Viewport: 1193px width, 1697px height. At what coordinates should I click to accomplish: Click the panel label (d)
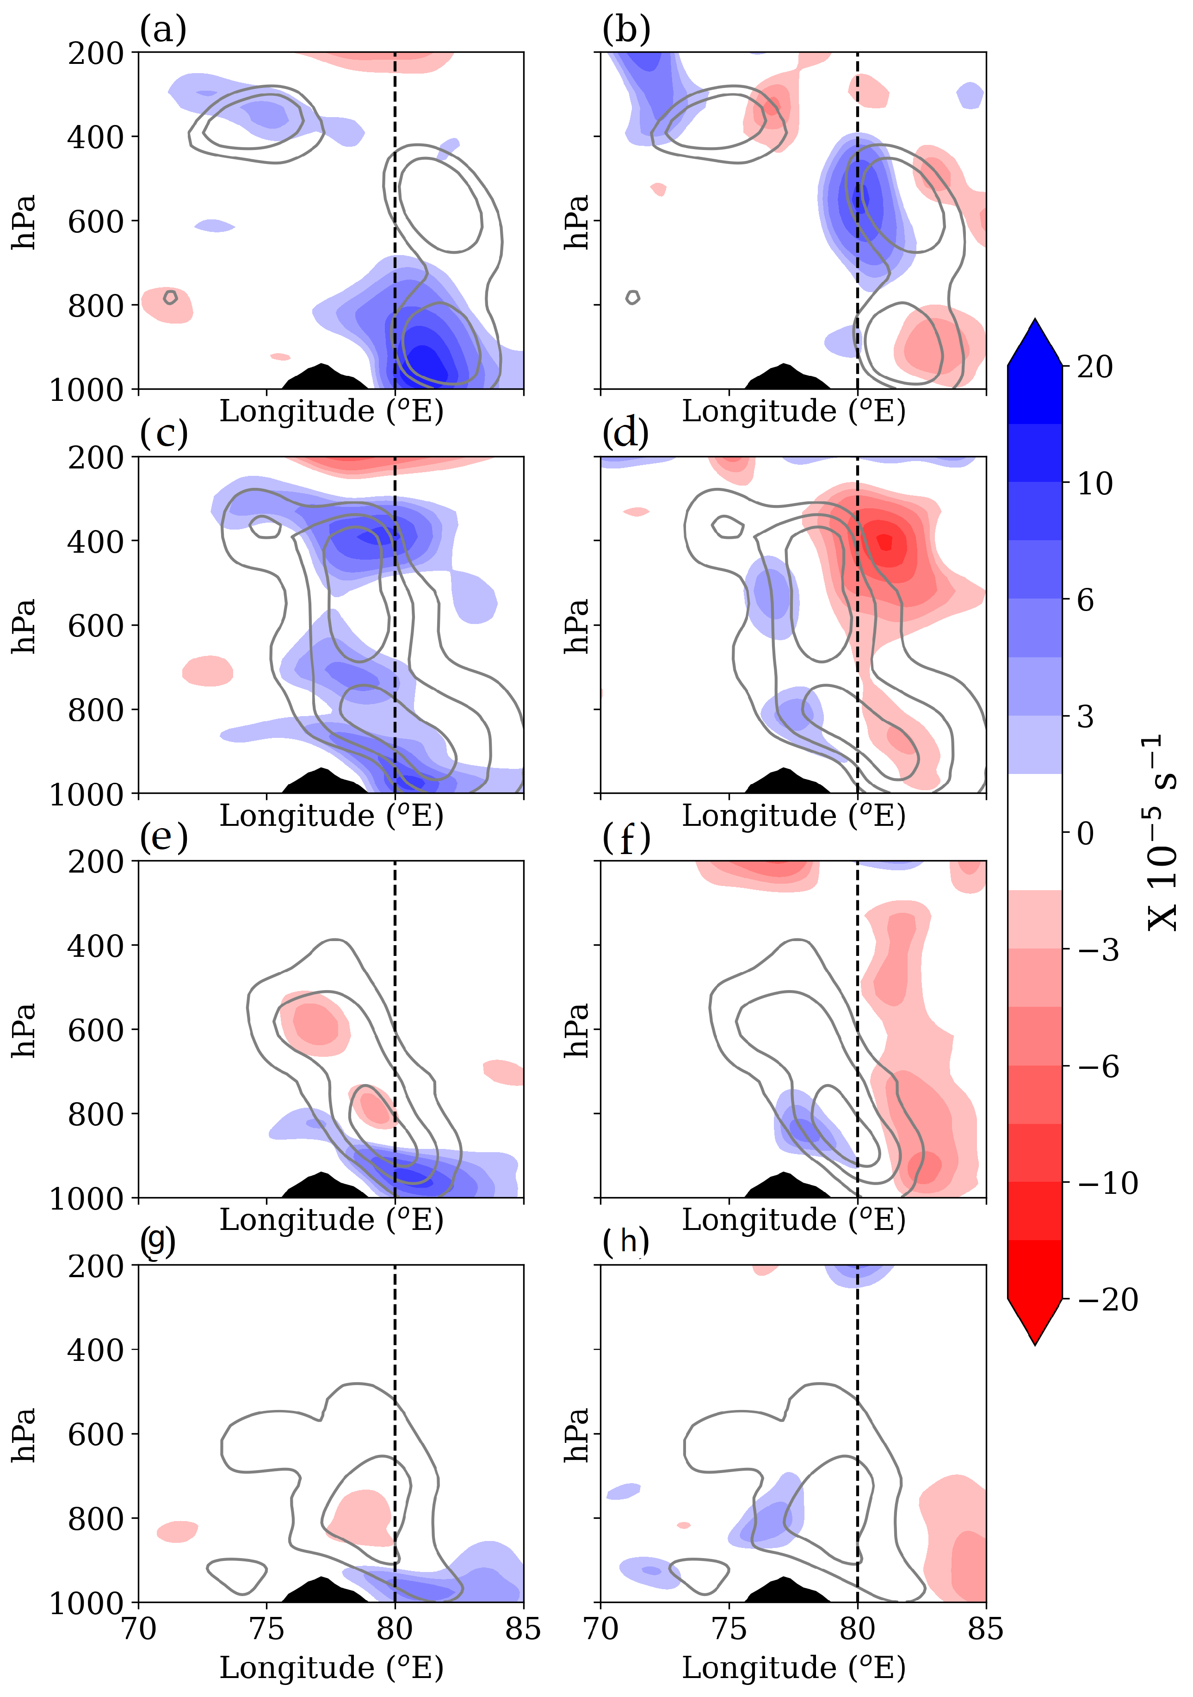point(625,433)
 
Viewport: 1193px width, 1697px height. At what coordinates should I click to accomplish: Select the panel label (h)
point(625,1241)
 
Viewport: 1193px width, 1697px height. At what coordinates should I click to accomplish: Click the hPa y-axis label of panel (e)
point(25,1029)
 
